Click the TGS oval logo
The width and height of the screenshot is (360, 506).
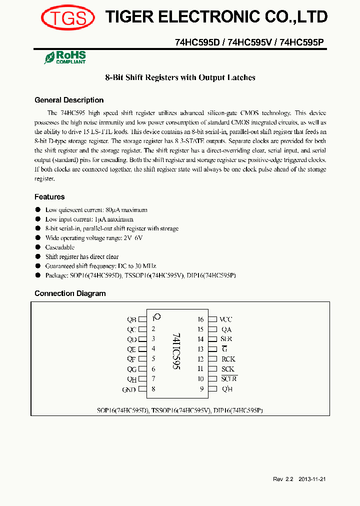(68, 18)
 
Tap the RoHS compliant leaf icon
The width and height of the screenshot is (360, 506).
(49, 58)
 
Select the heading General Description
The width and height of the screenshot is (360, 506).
(69, 100)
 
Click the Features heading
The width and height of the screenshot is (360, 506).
(49, 197)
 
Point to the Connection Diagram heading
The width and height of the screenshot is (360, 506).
(70, 293)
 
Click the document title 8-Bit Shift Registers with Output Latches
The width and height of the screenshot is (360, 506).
(180, 77)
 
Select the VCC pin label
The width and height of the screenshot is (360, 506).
(226, 319)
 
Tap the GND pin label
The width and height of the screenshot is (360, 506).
(129, 389)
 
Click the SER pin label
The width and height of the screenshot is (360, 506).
(226, 339)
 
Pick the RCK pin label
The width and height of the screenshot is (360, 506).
(228, 359)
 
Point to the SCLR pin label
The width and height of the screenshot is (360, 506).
(229, 379)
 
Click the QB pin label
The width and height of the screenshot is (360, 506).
(131, 319)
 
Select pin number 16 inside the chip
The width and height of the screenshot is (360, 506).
(200, 319)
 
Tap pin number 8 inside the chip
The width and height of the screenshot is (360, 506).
(153, 389)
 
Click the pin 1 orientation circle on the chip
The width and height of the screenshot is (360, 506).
(157, 316)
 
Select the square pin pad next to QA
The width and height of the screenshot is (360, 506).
(212, 329)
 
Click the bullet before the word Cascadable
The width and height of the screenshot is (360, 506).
(37, 247)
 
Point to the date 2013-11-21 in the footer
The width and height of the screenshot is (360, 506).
(312, 479)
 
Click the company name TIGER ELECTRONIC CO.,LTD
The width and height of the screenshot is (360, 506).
(216, 17)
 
